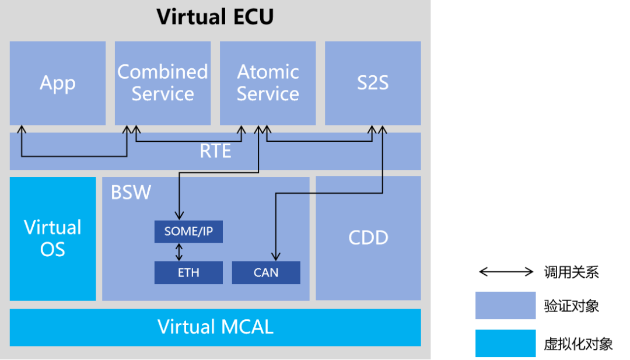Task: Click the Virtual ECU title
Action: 215,17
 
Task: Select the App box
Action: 58,83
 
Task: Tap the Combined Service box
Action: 163,83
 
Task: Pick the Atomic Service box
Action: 268,83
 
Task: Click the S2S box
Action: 373,83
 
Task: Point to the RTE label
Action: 215,152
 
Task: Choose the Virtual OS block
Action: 52,239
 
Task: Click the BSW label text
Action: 131,193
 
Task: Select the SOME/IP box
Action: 188,232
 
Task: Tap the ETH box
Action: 188,272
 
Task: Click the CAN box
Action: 266,272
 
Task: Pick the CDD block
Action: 368,238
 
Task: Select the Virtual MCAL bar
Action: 215,327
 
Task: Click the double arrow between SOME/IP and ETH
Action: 179,252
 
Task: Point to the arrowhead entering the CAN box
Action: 275,257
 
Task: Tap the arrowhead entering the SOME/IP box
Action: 179,216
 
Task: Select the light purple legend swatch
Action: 505,305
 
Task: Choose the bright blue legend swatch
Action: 505,343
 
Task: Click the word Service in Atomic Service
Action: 268,94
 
